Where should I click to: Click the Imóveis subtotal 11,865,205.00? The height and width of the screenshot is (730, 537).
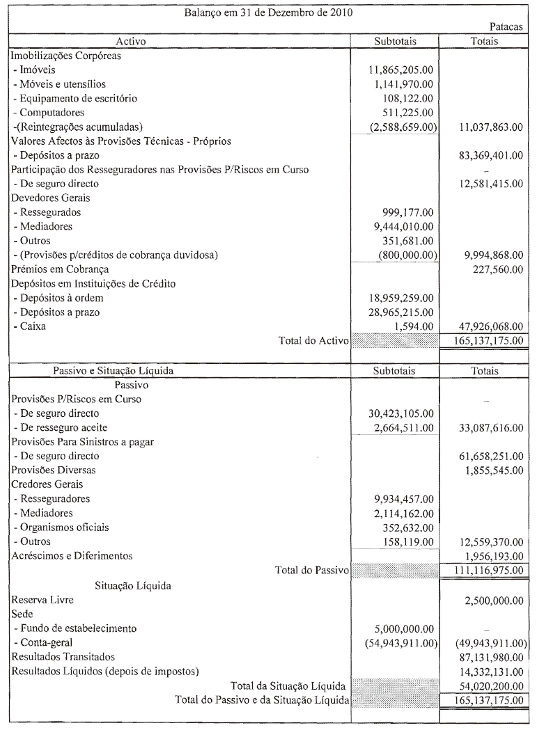tap(401, 70)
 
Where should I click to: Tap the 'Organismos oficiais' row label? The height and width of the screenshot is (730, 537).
tap(59, 527)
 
